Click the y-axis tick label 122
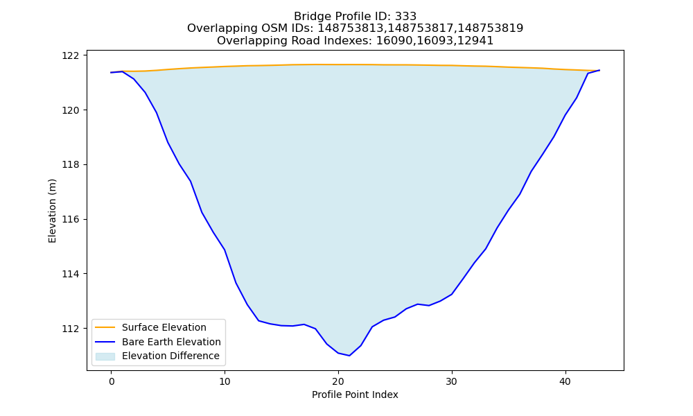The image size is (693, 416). click(71, 55)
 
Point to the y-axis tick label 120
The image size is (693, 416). click(71, 110)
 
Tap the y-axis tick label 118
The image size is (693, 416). click(71, 165)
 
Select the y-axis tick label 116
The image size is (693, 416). click(71, 220)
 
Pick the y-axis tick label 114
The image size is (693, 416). click(71, 274)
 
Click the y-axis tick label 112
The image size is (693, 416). click(71, 329)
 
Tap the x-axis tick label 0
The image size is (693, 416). click(112, 381)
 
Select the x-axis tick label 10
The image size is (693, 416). click(225, 381)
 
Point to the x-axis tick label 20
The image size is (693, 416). click(338, 381)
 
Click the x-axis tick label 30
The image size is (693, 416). click(452, 381)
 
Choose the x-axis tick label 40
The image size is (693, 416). click(565, 381)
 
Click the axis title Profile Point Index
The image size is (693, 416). click(355, 395)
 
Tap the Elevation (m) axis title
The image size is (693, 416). click(52, 211)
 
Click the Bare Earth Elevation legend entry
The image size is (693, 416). click(158, 342)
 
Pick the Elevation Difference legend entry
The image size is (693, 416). click(157, 356)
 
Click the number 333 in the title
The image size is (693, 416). click(405, 17)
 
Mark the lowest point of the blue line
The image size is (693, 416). click(349, 356)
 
